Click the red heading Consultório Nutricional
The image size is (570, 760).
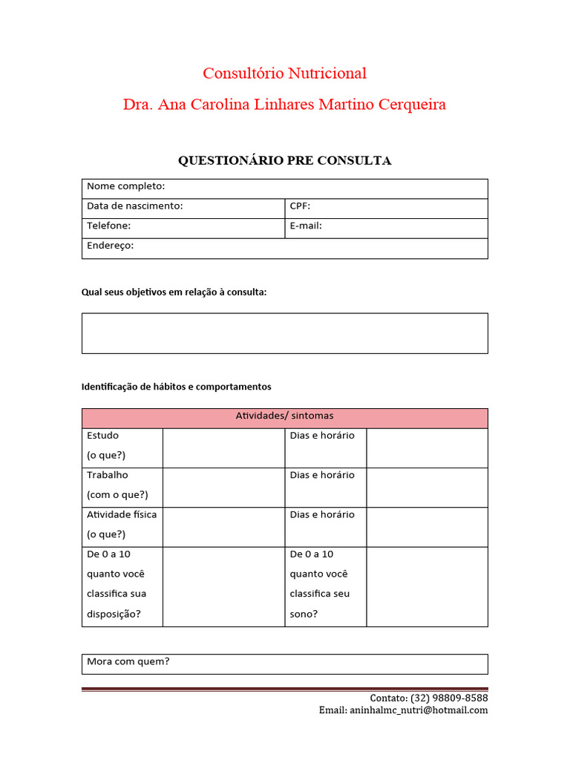pyautogui.click(x=284, y=73)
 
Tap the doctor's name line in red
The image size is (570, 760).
pyautogui.click(x=284, y=105)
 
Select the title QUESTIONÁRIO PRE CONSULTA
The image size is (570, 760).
pyautogui.click(x=284, y=161)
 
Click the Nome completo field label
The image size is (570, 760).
pyautogui.click(x=125, y=186)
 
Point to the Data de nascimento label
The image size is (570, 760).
pyautogui.click(x=134, y=206)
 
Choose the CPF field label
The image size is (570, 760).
pyautogui.click(x=300, y=206)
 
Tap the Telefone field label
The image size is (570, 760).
pyautogui.click(x=108, y=226)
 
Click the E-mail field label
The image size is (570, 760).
pyautogui.click(x=306, y=226)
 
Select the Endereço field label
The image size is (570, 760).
pyautogui.click(x=110, y=246)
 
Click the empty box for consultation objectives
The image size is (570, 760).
pyautogui.click(x=284, y=333)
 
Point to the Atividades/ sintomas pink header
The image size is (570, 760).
pyautogui.click(x=284, y=416)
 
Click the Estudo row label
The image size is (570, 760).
pyautogui.click(x=102, y=436)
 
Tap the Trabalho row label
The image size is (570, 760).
pyautogui.click(x=107, y=475)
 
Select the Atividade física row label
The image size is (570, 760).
pyautogui.click(x=122, y=514)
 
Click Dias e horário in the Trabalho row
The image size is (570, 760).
pyautogui.click(x=322, y=475)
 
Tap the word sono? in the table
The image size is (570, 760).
pyautogui.click(x=304, y=614)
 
